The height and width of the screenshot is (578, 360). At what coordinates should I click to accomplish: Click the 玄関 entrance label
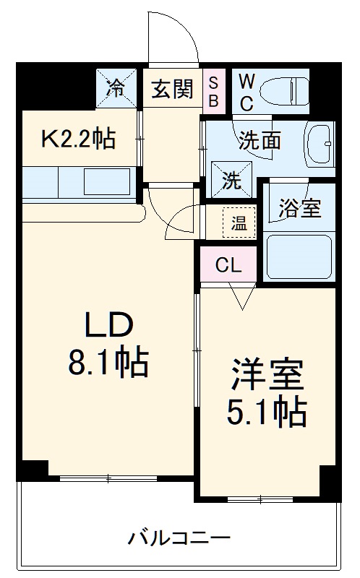[171, 90]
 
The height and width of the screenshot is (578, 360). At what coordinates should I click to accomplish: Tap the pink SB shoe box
[214, 90]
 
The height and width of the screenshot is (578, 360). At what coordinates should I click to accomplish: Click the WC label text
[246, 90]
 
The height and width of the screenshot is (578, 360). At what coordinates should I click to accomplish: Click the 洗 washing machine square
[230, 180]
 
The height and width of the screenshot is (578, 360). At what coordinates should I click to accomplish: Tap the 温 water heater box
[238, 224]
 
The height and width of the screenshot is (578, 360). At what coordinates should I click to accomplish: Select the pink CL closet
[227, 264]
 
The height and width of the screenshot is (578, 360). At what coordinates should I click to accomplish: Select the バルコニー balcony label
[179, 538]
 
